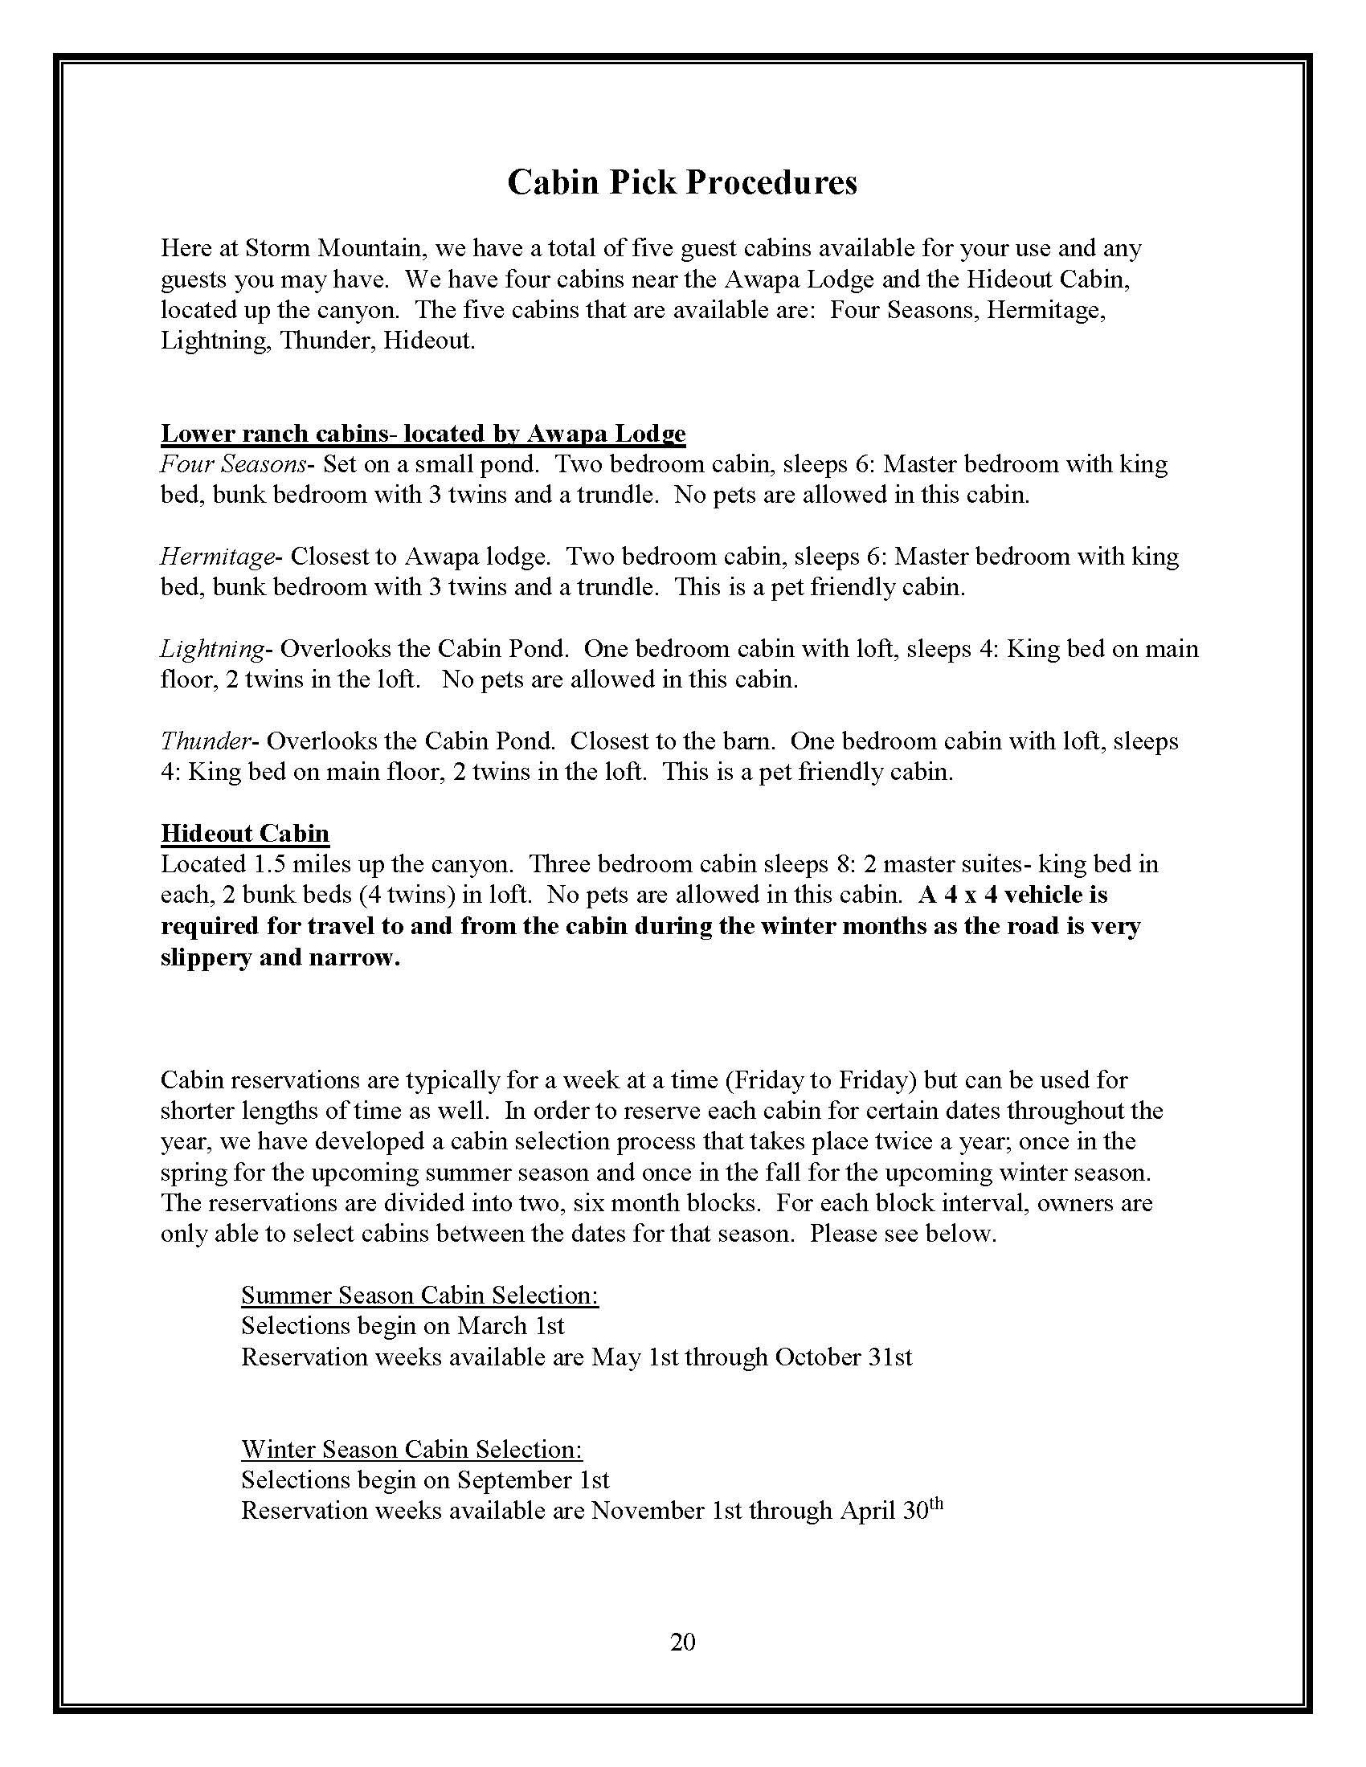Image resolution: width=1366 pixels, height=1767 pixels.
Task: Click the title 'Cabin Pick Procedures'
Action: (x=681, y=183)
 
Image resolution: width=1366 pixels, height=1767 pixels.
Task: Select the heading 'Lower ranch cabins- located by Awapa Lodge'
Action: (x=423, y=434)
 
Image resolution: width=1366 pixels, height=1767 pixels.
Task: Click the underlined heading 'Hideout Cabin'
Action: (x=244, y=834)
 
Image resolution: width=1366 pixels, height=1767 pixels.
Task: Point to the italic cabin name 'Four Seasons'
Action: (x=233, y=464)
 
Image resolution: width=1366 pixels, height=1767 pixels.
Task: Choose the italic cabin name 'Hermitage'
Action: (x=218, y=557)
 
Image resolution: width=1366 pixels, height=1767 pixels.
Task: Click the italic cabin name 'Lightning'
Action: (x=212, y=649)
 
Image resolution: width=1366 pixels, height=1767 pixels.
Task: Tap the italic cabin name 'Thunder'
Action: (x=206, y=741)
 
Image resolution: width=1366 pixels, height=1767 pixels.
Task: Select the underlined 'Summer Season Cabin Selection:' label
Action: (x=419, y=1296)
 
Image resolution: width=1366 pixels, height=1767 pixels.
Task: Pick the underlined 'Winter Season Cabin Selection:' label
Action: (x=411, y=1449)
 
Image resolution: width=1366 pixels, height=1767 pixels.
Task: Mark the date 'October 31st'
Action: (x=842, y=1357)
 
